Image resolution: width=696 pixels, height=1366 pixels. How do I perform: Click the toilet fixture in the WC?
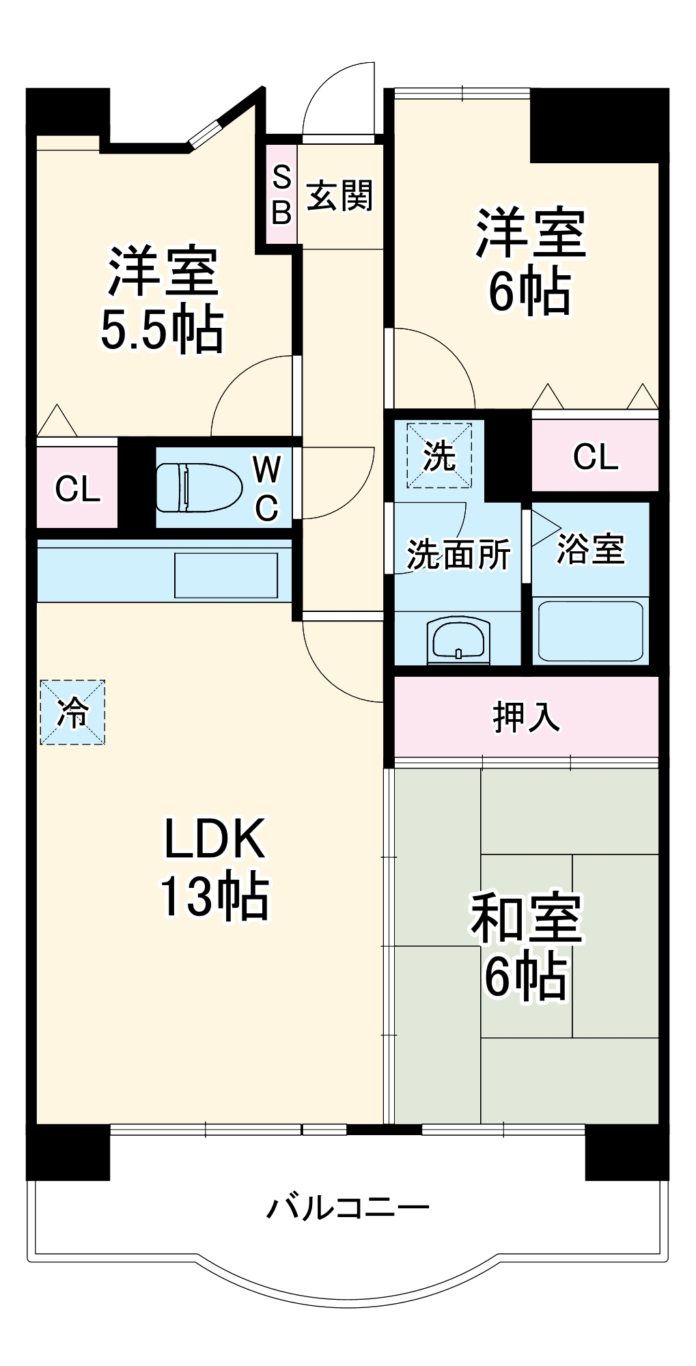[x=199, y=487]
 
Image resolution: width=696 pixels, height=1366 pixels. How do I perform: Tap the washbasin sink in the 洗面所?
[x=458, y=640]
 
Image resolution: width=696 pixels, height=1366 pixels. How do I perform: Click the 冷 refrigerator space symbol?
[x=72, y=712]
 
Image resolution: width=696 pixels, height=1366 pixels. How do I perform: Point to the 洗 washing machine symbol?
[x=439, y=456]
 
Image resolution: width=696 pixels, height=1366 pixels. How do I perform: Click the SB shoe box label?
[x=281, y=195]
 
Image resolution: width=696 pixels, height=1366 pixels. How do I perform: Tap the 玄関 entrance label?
[x=339, y=196]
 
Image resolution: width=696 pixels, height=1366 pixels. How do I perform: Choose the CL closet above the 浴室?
[x=595, y=456]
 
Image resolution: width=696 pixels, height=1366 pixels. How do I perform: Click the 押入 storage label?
[x=526, y=717]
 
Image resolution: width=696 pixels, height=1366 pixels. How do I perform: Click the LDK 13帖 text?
[x=214, y=867]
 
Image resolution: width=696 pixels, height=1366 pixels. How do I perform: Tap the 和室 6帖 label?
[x=525, y=946]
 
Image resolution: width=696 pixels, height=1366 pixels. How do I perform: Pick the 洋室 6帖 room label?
[x=530, y=262]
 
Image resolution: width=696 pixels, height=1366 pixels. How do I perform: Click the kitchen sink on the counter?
[x=226, y=575]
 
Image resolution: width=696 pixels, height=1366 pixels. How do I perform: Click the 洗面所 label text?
[x=458, y=554]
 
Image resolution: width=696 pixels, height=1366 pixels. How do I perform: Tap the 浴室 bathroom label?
[x=590, y=548]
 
